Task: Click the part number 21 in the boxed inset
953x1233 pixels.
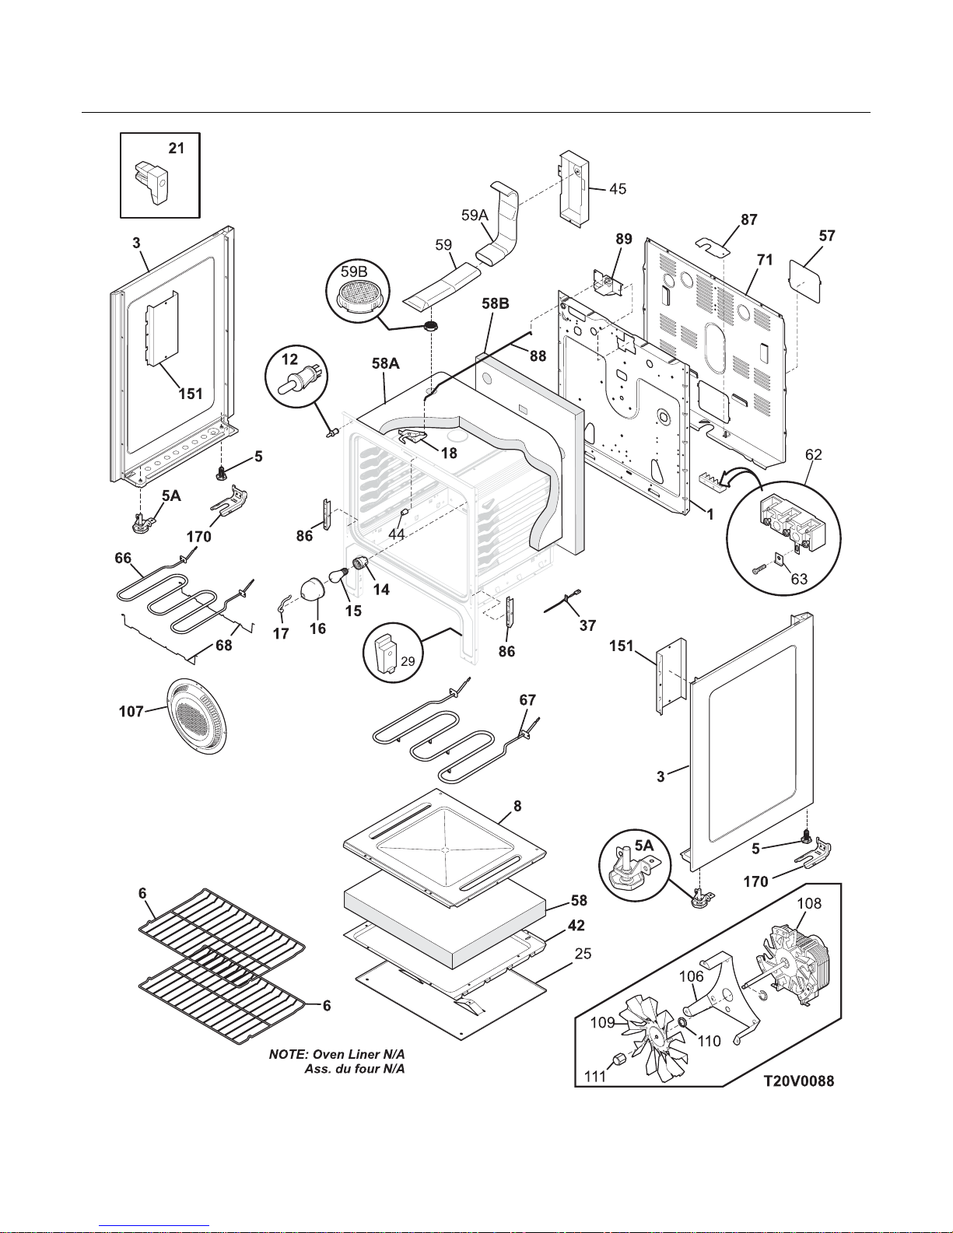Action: (x=177, y=148)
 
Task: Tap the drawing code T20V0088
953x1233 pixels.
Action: (x=798, y=1082)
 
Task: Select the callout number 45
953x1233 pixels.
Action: (x=617, y=189)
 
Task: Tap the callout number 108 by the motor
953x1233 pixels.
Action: (x=808, y=904)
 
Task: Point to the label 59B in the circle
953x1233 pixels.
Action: (x=354, y=272)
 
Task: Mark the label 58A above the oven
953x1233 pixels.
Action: (x=386, y=363)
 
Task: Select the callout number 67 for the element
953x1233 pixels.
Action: (x=527, y=700)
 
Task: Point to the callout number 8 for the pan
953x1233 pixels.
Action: (x=517, y=807)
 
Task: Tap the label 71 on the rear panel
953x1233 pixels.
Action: (x=765, y=260)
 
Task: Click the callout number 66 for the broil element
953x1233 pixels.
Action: (x=122, y=558)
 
